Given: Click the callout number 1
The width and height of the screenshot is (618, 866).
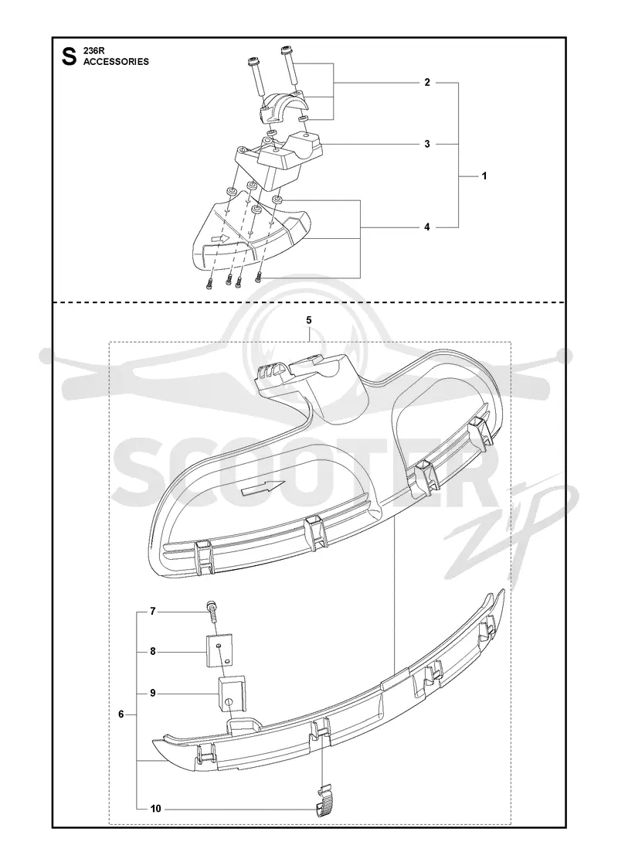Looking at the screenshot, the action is [484, 176].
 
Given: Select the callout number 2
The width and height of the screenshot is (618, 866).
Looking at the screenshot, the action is [427, 82].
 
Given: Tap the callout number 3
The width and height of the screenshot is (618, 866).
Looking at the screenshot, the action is [427, 144].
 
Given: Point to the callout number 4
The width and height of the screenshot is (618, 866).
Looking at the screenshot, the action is [427, 227].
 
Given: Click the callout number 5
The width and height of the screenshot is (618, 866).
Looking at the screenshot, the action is [309, 320].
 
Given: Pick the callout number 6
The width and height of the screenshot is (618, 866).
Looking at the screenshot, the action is [121, 714].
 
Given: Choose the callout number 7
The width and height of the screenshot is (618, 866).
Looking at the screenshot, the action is [153, 612].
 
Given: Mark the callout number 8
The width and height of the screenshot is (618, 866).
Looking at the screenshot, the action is [153, 652].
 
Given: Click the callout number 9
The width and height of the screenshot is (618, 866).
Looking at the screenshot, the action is [153, 693].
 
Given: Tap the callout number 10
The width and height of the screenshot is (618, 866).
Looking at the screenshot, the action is [155, 809].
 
